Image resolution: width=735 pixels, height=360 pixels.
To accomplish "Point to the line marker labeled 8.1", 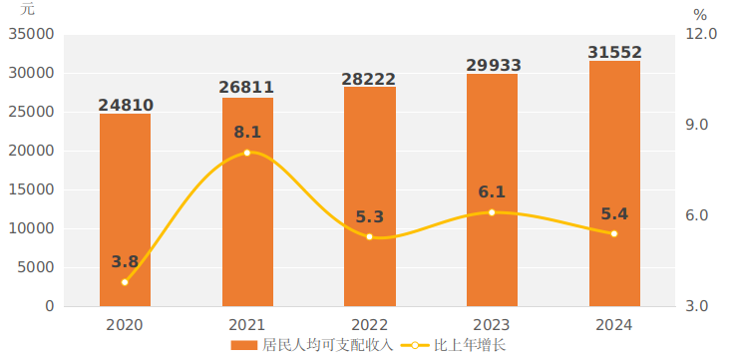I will [x=247, y=153].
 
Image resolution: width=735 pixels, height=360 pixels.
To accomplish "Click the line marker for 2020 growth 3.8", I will [x=125, y=282].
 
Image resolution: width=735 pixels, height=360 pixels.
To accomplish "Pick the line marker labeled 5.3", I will [x=369, y=236].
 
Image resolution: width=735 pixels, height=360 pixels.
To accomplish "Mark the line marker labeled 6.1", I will [x=492, y=212].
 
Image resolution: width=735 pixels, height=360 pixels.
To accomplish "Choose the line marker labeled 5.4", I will [x=614, y=233].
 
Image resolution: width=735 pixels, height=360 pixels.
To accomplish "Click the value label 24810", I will [x=126, y=105].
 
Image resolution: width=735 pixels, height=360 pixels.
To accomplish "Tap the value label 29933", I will [x=493, y=66].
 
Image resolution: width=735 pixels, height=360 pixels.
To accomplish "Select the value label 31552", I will [x=614, y=52].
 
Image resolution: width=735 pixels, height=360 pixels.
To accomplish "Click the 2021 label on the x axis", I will [x=247, y=325].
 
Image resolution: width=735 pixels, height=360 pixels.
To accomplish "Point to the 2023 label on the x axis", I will [x=492, y=325].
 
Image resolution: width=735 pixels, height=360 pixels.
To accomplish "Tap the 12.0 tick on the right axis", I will [x=702, y=34].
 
